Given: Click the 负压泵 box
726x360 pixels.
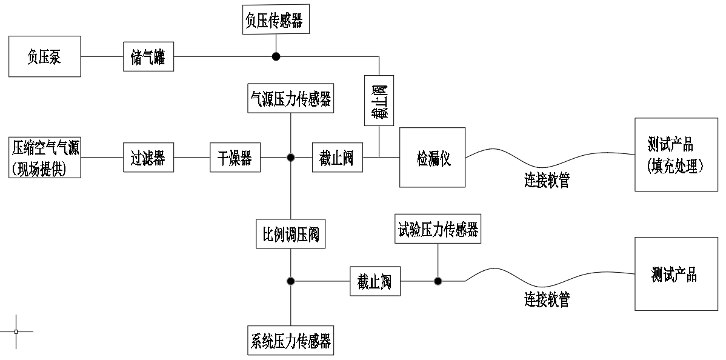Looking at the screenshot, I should click(45, 56).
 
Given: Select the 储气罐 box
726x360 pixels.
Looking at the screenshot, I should click(148, 58).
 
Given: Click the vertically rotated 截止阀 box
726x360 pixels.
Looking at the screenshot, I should click(379, 101).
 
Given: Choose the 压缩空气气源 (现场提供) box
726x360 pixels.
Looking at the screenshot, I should click(46, 158).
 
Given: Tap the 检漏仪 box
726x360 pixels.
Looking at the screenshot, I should click(432, 158).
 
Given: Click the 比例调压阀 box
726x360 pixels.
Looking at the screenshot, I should click(291, 233).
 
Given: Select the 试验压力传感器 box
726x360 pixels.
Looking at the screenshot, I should click(438, 228).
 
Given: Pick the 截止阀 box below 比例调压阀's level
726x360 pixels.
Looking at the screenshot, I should click(375, 281).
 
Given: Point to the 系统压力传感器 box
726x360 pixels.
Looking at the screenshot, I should click(291, 341).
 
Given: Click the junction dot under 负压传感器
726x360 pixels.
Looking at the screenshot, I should click(276, 57).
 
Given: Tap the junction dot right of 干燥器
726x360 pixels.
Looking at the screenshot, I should click(291, 158).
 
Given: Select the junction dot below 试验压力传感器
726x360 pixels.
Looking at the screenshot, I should click(438, 281).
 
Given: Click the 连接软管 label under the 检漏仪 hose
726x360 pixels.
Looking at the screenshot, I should click(547, 182).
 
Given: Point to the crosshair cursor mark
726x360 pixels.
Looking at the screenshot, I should click(16, 332).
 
